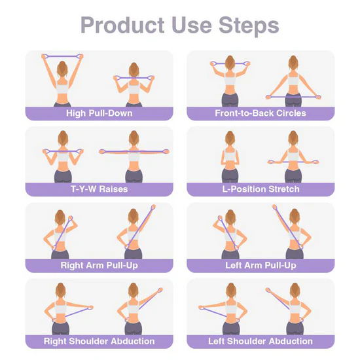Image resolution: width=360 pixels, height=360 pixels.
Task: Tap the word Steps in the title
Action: (x=247, y=26)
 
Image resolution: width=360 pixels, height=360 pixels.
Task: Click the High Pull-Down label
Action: (x=99, y=113)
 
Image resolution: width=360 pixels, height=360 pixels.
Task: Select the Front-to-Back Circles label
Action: (x=261, y=113)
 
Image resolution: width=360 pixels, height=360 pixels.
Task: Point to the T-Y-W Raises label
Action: (x=99, y=189)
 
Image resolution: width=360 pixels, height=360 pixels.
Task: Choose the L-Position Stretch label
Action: (x=261, y=189)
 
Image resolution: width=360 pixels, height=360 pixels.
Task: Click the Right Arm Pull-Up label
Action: (x=99, y=265)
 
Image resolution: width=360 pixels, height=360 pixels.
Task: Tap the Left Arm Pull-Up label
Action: (x=261, y=265)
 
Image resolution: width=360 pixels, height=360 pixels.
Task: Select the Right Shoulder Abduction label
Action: (x=99, y=341)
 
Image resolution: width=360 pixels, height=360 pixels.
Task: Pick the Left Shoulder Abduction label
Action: (x=261, y=341)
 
